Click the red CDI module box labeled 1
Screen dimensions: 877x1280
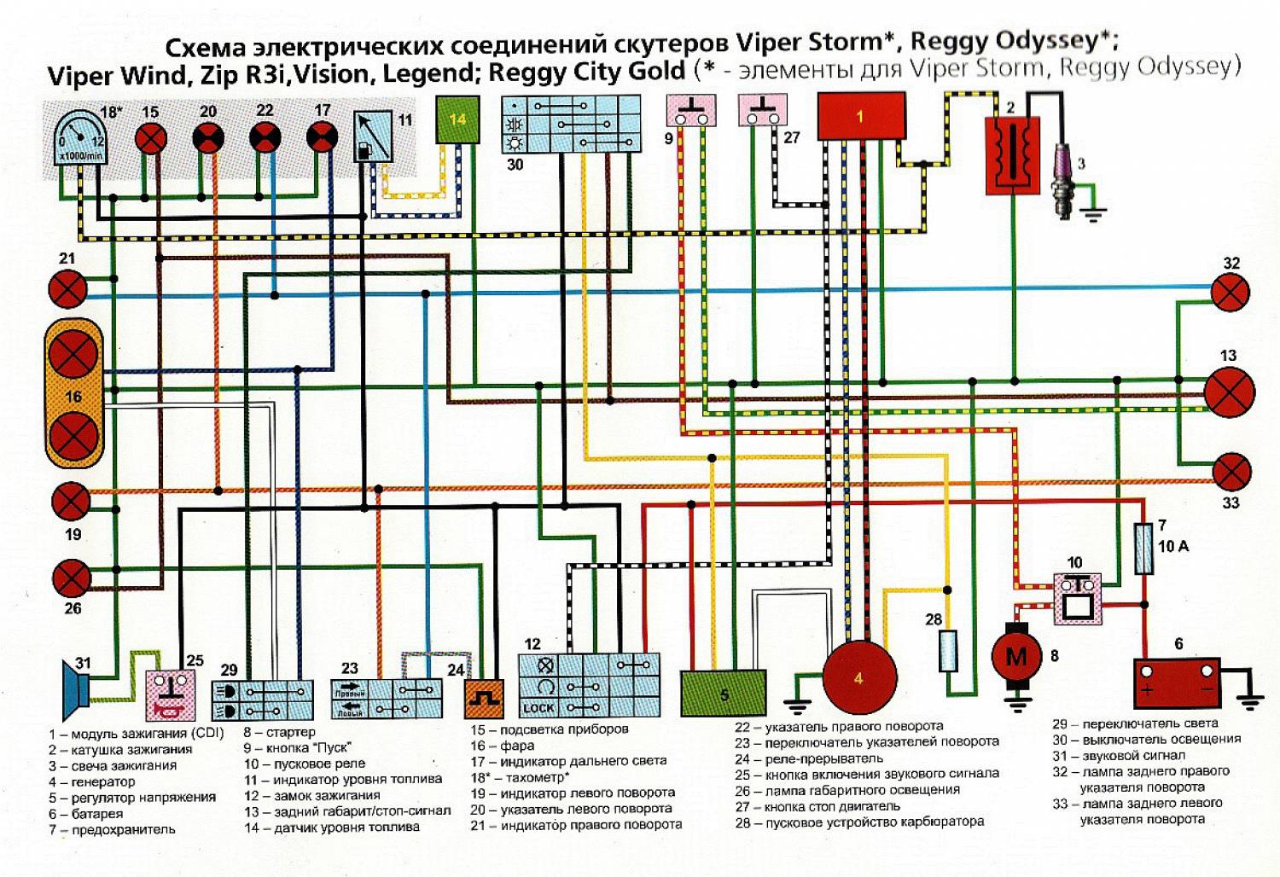pos(861,116)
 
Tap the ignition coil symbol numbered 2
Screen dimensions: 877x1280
pos(1013,154)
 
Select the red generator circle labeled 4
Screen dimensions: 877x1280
pos(859,678)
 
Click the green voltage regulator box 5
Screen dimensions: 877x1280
pos(723,693)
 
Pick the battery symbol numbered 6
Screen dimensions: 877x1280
pos(1176,681)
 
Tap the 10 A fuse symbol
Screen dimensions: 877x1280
pos(1143,548)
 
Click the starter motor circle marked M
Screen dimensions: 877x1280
pos(1016,657)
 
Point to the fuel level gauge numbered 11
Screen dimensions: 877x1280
pos(374,136)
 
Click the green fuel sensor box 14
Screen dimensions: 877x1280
pos(457,119)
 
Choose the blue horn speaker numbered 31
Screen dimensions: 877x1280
pos(75,689)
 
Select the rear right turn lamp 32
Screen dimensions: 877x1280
pos(1231,293)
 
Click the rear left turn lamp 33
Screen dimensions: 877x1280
pos(1231,473)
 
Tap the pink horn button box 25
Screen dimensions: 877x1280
pos(170,694)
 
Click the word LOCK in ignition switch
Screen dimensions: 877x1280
pos(538,708)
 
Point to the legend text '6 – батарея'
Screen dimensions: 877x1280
pos(85,814)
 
